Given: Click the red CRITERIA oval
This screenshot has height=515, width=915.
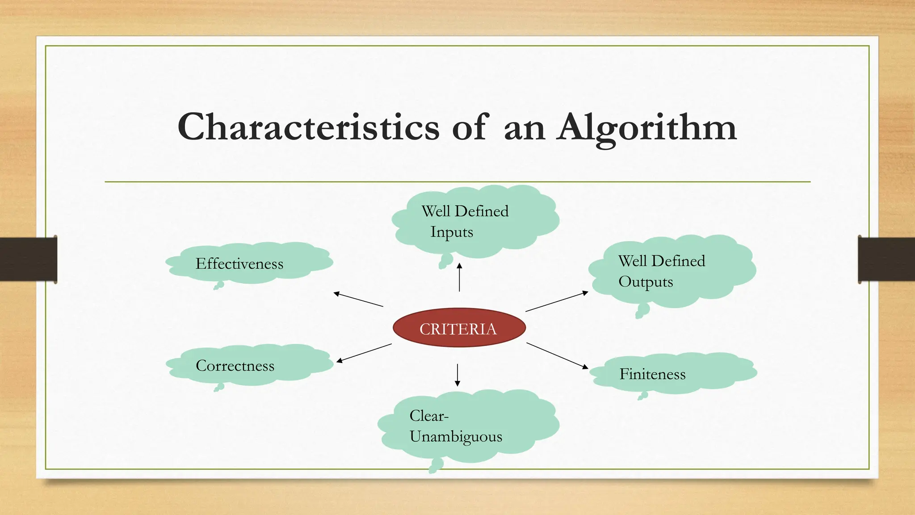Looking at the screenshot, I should (459, 328).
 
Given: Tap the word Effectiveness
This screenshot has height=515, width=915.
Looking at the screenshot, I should (239, 264).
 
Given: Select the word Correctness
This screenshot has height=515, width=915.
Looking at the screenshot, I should (235, 366).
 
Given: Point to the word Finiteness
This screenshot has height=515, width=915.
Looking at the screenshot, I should (652, 374).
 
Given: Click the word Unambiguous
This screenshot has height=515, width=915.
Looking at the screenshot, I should (456, 437).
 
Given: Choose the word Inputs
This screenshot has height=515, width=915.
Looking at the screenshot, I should (451, 232).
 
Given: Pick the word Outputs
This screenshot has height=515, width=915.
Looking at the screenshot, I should (646, 282).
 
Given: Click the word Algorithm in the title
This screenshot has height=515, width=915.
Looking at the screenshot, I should (646, 127).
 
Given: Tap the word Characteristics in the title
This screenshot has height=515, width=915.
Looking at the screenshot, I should (308, 127).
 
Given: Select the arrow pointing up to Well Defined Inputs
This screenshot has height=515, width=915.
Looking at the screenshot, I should (459, 277).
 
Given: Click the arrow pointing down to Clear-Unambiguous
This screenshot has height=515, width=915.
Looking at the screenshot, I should (457, 375).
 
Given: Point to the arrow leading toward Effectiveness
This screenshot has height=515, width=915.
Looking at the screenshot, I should (358, 300).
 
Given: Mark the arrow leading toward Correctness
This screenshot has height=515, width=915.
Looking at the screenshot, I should (364, 353).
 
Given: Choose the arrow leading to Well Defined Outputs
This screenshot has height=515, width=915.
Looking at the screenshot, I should (557, 301).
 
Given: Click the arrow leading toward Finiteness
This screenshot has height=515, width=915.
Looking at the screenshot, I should (557, 355).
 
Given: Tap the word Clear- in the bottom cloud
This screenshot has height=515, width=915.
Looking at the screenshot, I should (428, 416).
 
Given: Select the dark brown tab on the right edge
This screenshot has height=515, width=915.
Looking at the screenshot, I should (886, 259).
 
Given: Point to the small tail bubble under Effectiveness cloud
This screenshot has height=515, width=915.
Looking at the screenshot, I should (218, 286).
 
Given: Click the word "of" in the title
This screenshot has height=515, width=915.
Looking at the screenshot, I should (469, 127).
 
